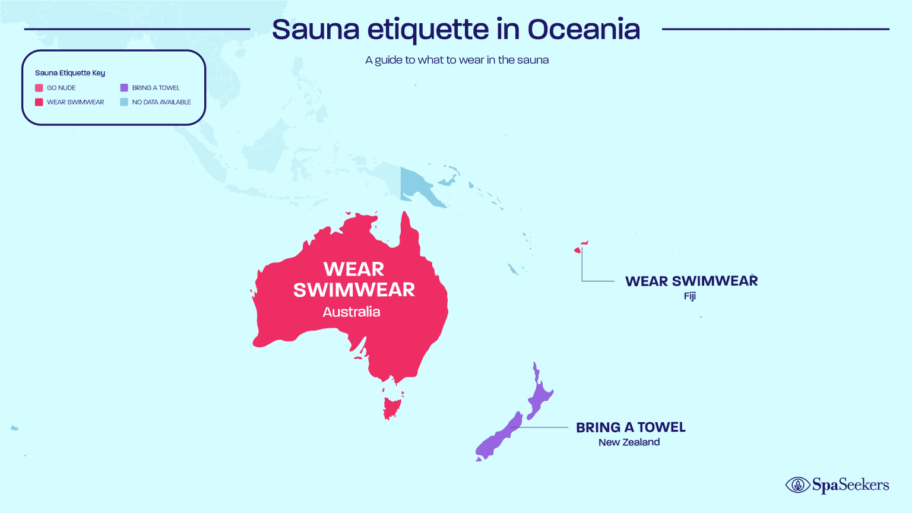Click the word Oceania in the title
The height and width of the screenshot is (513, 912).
[584, 30]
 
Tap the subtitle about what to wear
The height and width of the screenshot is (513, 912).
[457, 60]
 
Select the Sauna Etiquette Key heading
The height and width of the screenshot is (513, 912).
[70, 73]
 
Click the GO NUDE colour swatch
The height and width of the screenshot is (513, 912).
[39, 88]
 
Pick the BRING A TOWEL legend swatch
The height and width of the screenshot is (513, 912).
[124, 88]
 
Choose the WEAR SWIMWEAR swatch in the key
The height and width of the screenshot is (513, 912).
[39, 102]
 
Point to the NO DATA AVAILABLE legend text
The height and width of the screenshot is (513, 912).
[161, 102]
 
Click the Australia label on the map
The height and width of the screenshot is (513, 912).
[351, 312]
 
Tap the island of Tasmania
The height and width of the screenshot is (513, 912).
[391, 407]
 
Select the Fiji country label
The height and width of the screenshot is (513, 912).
[689, 296]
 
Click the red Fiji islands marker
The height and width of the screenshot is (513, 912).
[578, 250]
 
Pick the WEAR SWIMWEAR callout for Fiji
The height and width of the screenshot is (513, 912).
[691, 281]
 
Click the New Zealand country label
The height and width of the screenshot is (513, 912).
[629, 442]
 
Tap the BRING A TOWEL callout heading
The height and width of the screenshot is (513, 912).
[631, 427]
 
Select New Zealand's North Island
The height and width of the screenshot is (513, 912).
[540, 394]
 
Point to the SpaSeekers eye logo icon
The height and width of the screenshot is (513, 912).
[797, 485]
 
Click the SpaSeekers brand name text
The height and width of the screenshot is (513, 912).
[850, 485]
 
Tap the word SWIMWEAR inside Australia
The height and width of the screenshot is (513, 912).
[354, 290]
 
